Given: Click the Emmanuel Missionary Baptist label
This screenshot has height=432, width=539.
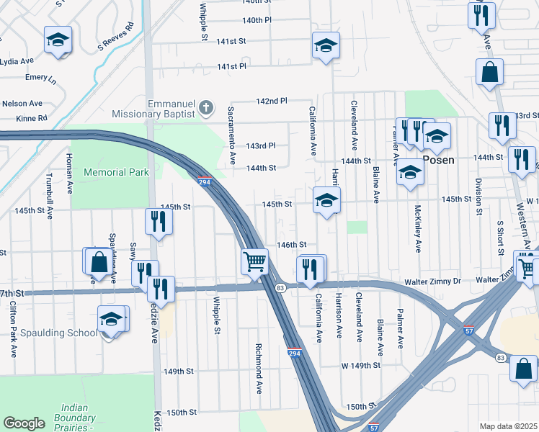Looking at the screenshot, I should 154,109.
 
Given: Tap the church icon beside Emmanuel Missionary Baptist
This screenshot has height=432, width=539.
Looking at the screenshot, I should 207,108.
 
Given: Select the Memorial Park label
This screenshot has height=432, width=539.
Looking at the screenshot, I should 116,172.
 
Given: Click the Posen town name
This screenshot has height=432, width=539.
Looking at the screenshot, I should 438,160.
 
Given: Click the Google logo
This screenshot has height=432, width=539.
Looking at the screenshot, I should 24,423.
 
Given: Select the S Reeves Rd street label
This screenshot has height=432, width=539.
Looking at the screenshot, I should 115,35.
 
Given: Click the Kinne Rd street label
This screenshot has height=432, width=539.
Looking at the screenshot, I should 32,117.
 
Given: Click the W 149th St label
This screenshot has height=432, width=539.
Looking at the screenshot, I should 360,366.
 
